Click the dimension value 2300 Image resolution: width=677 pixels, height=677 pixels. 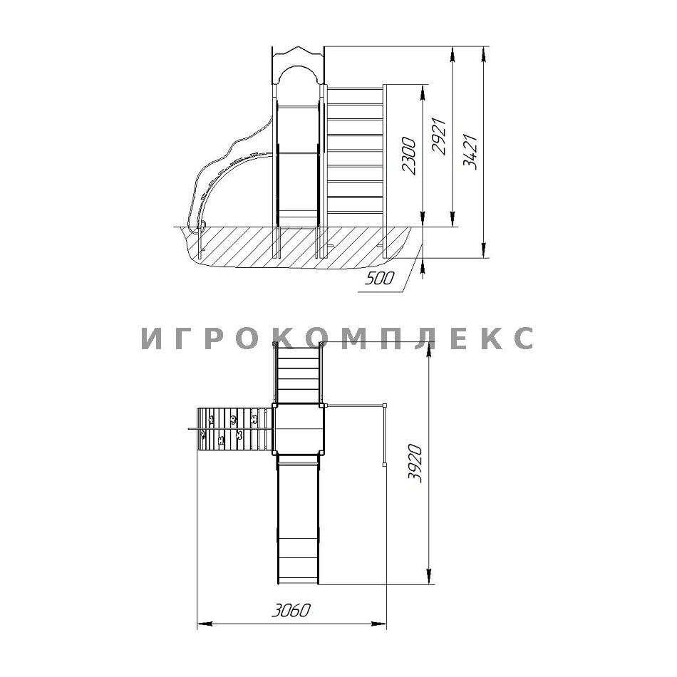click(x=408, y=156)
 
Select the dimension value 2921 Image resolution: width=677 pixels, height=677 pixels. click(x=439, y=135)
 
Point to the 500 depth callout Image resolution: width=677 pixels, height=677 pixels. click(x=380, y=279)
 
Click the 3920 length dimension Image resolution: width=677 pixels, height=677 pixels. click(x=415, y=462)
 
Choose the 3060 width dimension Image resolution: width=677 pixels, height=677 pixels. click(x=291, y=611)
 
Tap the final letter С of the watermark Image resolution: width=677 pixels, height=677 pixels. click(x=524, y=338)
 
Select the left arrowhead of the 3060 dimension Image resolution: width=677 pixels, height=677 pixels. click(x=205, y=624)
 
